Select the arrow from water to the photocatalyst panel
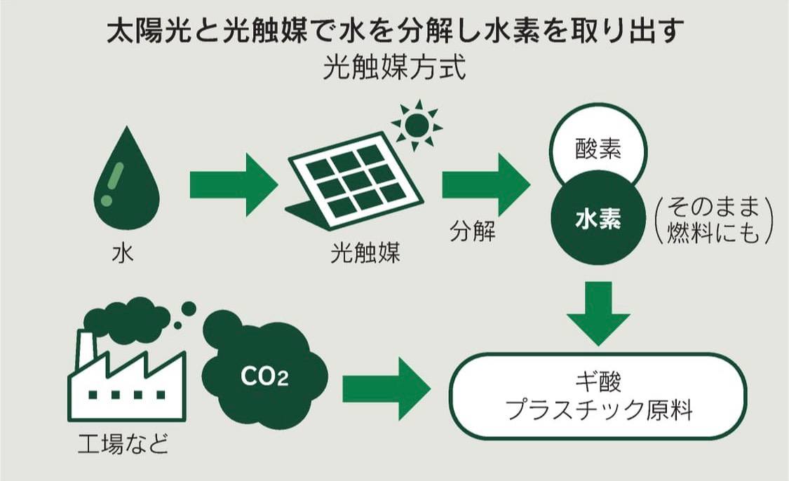pyautogui.click(x=233, y=184)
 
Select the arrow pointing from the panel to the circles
pyautogui.click(x=485, y=184)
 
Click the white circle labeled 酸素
pyautogui.click(x=598, y=150)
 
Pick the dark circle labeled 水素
pyautogui.click(x=598, y=219)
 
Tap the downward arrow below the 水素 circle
pyautogui.click(x=598, y=312)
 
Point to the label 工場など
pyautogui.click(x=123, y=445)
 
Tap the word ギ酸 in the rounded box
pyautogui.click(x=598, y=383)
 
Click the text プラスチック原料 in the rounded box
pyautogui.click(x=598, y=410)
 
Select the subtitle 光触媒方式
pyautogui.click(x=395, y=69)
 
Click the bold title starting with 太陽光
pyautogui.click(x=395, y=32)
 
